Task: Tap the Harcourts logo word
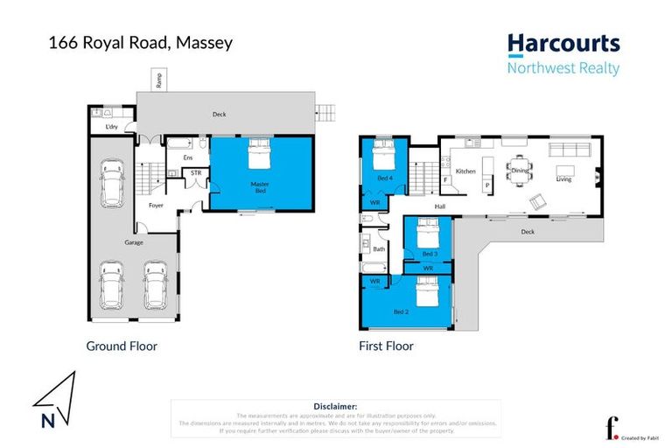click(563, 44)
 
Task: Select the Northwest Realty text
click(563, 68)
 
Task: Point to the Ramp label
click(158, 80)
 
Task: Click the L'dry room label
click(111, 128)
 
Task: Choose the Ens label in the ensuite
click(186, 157)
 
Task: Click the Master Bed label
click(259, 186)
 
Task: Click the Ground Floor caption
click(122, 346)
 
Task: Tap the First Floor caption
click(386, 346)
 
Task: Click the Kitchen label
click(465, 171)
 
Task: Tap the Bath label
click(379, 249)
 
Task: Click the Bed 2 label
click(401, 311)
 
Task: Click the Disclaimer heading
click(335, 407)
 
